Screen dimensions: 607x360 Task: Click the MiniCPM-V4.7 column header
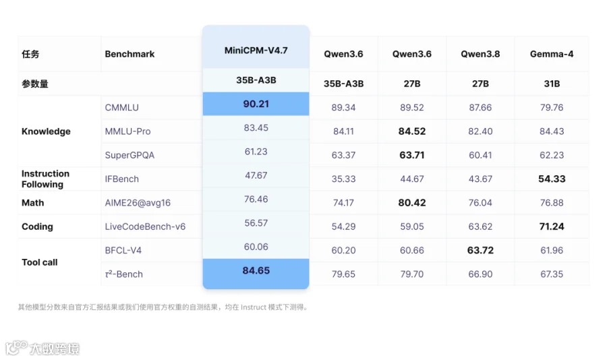coord(256,51)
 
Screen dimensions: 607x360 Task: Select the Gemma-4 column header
coord(552,54)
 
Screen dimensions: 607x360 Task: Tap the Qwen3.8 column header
coord(480,54)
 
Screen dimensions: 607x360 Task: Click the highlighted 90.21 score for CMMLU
coord(256,104)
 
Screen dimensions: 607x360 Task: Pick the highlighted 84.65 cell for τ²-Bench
coord(256,270)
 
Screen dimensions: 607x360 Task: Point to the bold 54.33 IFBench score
coord(552,179)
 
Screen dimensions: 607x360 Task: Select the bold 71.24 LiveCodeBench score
coord(552,227)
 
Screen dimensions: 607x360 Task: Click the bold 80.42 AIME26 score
coord(412,202)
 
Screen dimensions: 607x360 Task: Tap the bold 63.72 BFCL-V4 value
coord(480,250)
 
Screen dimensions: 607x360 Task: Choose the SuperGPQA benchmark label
coord(129,155)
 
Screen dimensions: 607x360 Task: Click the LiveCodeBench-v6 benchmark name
coord(145,227)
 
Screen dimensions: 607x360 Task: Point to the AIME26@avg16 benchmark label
coord(138,203)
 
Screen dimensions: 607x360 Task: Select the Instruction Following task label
coord(45,179)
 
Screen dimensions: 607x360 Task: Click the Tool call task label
coord(40,262)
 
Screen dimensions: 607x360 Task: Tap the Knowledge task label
coord(46,131)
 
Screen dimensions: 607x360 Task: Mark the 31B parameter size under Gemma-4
coord(552,84)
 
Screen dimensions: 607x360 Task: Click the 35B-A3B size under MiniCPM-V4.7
coord(256,80)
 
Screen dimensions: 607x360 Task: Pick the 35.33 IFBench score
coord(343,179)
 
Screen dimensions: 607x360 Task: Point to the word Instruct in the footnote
coord(254,307)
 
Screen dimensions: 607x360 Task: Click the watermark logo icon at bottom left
coord(16,347)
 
